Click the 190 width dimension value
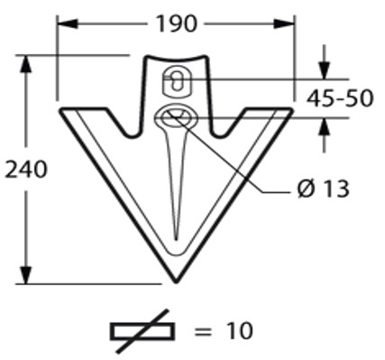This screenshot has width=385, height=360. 177,24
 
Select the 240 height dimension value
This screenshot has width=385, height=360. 26,170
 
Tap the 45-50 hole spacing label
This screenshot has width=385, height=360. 340,98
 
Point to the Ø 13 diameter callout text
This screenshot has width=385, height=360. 324,189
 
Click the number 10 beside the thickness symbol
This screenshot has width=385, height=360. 240,331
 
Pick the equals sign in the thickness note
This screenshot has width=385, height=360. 203,332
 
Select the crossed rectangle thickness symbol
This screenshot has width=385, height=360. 142,331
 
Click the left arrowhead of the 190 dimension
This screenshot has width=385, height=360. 68,24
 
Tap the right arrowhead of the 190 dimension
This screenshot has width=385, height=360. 284,24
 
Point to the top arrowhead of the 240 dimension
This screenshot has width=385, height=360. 26,64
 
